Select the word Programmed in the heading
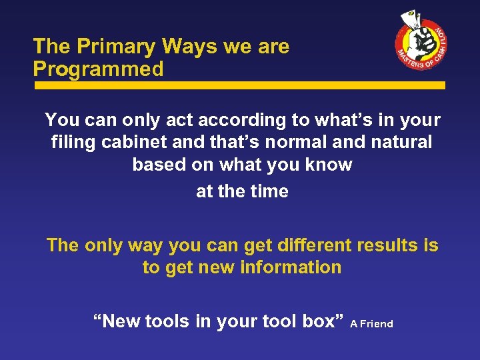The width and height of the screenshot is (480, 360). click(99, 69)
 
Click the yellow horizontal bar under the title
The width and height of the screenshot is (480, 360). click(239, 85)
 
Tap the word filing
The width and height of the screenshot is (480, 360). click(71, 142)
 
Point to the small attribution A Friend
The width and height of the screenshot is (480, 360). click(371, 324)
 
